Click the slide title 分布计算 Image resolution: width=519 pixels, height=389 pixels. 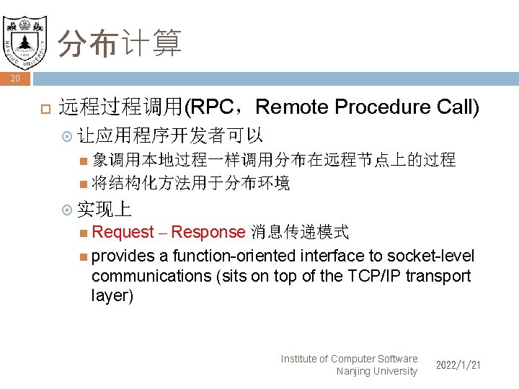pyautogui.click(x=120, y=43)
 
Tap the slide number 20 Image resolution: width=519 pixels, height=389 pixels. pyautogui.click(x=15, y=79)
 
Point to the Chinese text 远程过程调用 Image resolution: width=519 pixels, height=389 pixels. pyautogui.click(x=121, y=107)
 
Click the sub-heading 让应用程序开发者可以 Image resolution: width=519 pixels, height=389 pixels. pyautogui.click(x=169, y=135)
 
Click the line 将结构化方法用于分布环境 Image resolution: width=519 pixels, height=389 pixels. pyautogui.click(x=191, y=184)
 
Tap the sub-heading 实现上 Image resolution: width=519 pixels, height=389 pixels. pyautogui.click(x=104, y=209)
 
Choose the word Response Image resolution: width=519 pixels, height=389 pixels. pyautogui.click(x=208, y=232)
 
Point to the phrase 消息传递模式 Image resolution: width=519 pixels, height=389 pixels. pyautogui.click(x=300, y=232)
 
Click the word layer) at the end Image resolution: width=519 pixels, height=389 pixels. pyautogui.click(x=112, y=296)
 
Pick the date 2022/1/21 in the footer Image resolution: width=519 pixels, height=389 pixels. pyautogui.click(x=458, y=366)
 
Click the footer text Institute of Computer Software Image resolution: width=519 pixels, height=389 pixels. pyautogui.click(x=349, y=359)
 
